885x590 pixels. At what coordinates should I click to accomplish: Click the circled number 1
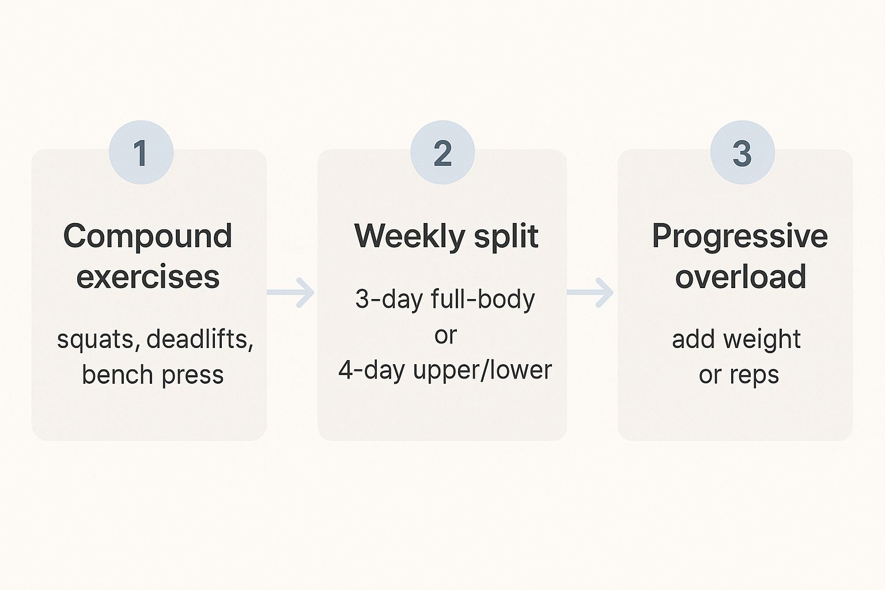tap(141, 153)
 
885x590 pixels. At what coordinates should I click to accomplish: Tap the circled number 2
tap(442, 153)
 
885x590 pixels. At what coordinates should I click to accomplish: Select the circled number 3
tap(742, 153)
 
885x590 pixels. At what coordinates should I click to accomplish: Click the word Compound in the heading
tap(147, 236)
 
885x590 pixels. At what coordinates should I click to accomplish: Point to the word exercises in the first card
tap(148, 277)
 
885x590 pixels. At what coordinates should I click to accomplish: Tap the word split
tap(506, 236)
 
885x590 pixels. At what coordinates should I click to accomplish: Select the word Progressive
tap(740, 236)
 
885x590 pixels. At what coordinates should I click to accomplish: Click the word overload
tap(740, 277)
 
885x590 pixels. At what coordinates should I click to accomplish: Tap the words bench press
tap(153, 375)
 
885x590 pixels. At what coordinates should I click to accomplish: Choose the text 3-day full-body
tap(445, 299)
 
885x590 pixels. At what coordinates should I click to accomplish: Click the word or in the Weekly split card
tap(445, 335)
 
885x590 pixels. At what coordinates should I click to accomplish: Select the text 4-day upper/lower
tap(445, 370)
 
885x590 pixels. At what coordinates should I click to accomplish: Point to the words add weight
tap(736, 339)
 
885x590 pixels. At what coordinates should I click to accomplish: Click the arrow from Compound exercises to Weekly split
tap(292, 292)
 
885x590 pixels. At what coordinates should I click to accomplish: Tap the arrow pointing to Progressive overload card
tap(591, 292)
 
